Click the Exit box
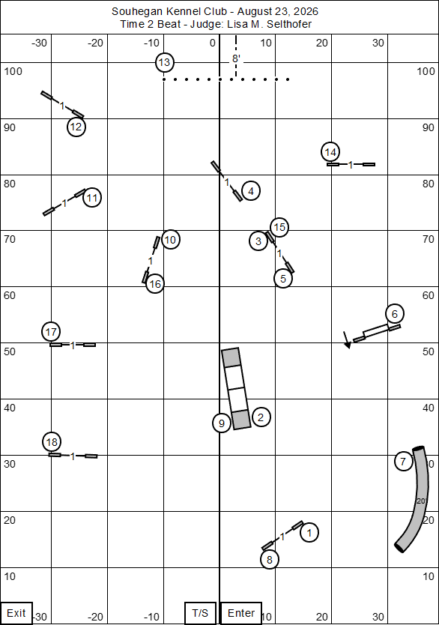tap(16, 613)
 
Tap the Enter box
tap(241, 613)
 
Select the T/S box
tap(200, 613)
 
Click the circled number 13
tap(165, 62)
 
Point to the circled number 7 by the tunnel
tap(404, 462)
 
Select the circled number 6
tap(395, 314)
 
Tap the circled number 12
tap(76, 127)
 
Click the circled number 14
tap(330, 152)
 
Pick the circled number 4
tap(251, 191)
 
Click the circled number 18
tap(52, 441)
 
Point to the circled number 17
tap(51, 332)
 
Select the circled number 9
tap(222, 423)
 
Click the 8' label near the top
tap(236, 59)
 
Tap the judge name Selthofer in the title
tap(289, 24)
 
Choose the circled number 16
tap(155, 284)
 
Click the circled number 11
tap(92, 197)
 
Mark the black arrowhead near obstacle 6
tap(348, 345)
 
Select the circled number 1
tap(309, 533)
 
